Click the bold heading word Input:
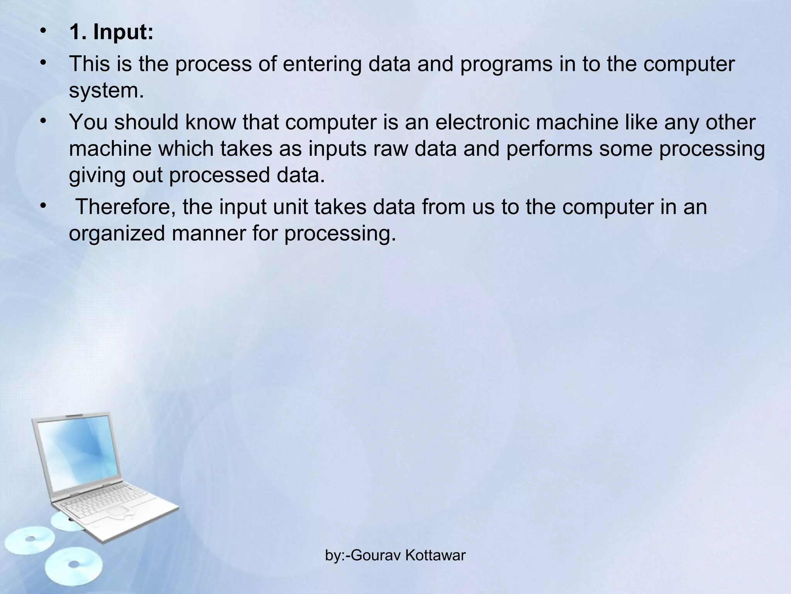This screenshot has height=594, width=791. [123, 32]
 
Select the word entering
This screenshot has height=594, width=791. [322, 64]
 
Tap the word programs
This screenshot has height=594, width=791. [506, 65]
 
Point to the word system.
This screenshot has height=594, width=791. [106, 91]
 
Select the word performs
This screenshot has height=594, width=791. [549, 149]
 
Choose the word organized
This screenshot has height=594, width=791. [117, 234]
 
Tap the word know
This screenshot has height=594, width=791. [210, 122]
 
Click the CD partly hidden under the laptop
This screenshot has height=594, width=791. [66, 521]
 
